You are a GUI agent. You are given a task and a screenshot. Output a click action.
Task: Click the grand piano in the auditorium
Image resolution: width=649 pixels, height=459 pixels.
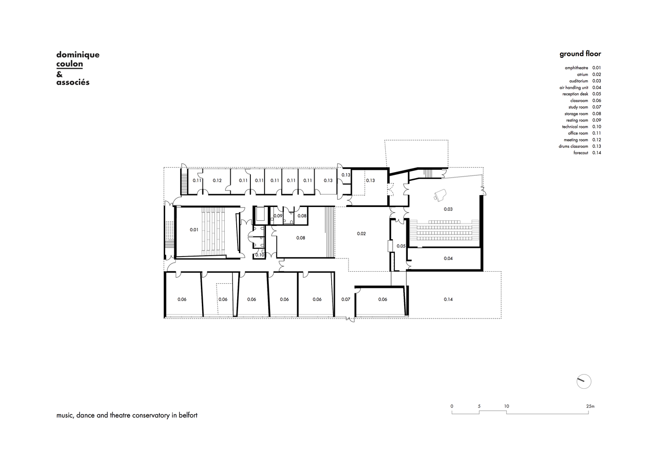point(440,195)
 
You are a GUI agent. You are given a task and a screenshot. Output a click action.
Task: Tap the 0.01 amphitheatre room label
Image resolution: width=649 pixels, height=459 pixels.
point(194,229)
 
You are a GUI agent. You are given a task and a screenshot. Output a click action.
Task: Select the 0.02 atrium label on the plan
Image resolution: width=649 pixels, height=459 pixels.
point(361,234)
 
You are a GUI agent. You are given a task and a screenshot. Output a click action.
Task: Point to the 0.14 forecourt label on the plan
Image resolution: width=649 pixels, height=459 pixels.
point(448,299)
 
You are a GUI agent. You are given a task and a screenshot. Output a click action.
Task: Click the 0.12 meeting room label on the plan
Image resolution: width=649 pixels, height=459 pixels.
point(217,180)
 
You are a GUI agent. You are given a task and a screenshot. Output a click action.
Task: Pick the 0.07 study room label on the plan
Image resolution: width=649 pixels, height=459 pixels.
point(346,299)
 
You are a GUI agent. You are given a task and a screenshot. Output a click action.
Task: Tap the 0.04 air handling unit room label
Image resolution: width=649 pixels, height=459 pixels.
point(448,258)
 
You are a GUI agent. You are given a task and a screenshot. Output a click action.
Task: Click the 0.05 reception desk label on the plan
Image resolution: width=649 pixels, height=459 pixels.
point(401,246)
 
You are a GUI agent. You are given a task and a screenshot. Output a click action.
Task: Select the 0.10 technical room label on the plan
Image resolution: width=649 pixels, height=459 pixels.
point(260,255)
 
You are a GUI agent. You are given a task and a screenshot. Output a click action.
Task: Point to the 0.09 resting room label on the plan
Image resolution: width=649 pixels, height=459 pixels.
point(278,216)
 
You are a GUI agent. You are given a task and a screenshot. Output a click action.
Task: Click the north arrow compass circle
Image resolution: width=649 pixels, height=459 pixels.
point(584,381)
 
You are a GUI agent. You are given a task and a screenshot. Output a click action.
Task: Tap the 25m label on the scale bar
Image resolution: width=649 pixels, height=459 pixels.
point(590,406)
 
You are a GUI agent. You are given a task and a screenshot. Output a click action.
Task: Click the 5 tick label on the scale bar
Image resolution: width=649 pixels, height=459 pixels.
point(479,406)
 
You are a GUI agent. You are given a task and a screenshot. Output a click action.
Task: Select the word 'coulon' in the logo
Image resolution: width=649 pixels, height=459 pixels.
point(70,64)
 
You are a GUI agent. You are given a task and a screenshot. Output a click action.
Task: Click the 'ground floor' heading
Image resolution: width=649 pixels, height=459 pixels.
point(580,54)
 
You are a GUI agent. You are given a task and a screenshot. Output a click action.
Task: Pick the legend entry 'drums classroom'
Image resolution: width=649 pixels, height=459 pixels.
point(573,146)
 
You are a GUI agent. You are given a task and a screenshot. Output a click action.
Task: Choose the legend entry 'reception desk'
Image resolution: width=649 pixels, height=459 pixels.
point(575,94)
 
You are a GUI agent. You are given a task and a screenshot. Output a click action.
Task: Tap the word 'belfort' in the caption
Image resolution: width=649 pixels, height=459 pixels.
point(188,415)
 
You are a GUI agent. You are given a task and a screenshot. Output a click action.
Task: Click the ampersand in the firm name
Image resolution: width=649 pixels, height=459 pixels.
point(59,74)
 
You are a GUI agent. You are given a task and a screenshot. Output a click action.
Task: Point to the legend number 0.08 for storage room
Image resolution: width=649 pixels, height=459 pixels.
point(597,114)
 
